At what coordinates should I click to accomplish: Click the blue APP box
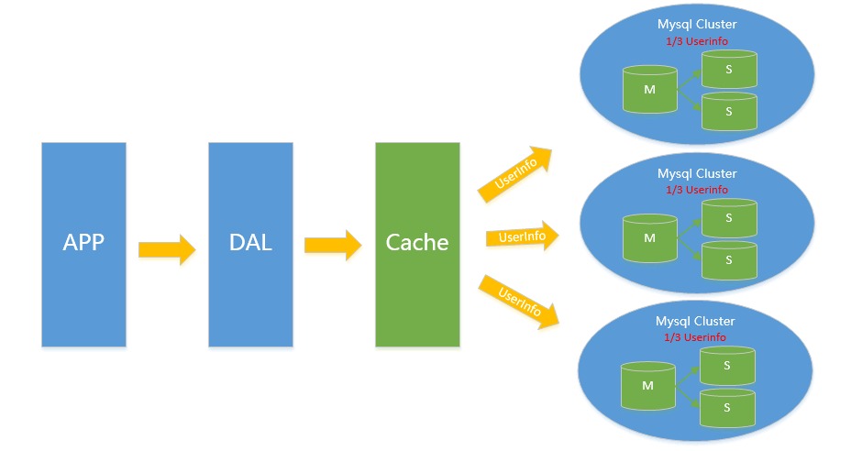pyautogui.click(x=83, y=244)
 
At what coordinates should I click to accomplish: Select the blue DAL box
pyautogui.click(x=250, y=244)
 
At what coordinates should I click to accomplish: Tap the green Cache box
pyautogui.click(x=417, y=244)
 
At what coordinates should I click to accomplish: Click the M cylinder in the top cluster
pyautogui.click(x=650, y=89)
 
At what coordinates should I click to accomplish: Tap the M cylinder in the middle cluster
pyautogui.click(x=650, y=237)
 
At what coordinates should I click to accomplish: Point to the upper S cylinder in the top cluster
pyautogui.click(x=729, y=69)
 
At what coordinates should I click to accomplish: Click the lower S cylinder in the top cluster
pyautogui.click(x=729, y=110)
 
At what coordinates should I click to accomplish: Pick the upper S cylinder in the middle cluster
pyautogui.click(x=729, y=218)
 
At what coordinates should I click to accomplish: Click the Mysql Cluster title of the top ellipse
pyautogui.click(x=697, y=25)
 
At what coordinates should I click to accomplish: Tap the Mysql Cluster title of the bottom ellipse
pyautogui.click(x=695, y=321)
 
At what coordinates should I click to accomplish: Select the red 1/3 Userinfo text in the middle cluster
pyautogui.click(x=697, y=190)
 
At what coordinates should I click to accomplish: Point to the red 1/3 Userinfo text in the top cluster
pyautogui.click(x=697, y=42)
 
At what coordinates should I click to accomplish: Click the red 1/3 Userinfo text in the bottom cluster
pyautogui.click(x=695, y=337)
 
